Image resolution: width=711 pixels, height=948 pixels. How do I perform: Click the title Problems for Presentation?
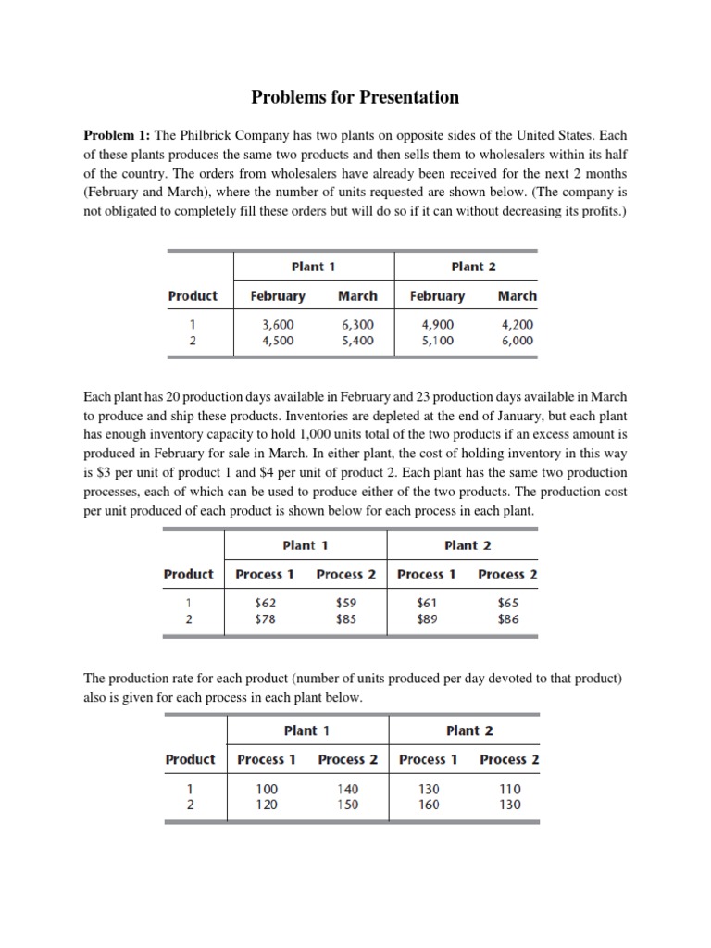tap(356, 96)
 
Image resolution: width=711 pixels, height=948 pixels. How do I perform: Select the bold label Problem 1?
tap(118, 135)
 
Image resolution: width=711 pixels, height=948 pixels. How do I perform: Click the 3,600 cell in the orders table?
tap(278, 325)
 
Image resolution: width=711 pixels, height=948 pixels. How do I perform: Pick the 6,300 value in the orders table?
tap(357, 325)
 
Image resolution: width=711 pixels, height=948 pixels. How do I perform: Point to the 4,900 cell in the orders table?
tap(437, 325)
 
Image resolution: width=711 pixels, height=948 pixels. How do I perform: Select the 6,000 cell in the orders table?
tap(517, 340)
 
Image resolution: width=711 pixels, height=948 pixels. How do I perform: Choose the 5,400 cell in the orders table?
tap(357, 340)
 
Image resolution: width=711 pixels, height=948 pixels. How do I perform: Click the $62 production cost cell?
tap(265, 603)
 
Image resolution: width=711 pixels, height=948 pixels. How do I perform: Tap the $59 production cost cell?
tap(346, 603)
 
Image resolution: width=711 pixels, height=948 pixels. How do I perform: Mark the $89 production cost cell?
tap(428, 618)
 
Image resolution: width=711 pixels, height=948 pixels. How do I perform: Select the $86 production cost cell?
tap(507, 618)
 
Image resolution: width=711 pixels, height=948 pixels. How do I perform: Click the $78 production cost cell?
tap(265, 618)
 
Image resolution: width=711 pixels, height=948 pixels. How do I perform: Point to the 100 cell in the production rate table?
tap(267, 789)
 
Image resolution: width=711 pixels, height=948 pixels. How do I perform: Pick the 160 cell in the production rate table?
tap(429, 804)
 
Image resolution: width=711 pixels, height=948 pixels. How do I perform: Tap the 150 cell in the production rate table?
tap(348, 804)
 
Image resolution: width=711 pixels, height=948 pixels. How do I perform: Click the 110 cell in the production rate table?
tap(509, 789)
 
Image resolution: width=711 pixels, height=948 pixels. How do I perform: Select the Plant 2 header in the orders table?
tap(473, 267)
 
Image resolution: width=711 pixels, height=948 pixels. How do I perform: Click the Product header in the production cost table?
tap(188, 574)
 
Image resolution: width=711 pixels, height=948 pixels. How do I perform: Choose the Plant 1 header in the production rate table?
tap(306, 730)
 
